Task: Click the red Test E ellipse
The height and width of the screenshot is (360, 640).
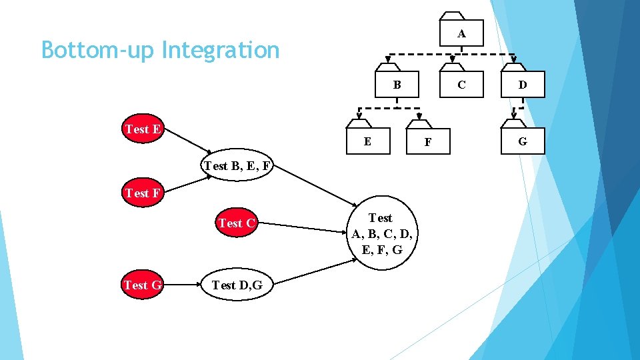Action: (143, 129)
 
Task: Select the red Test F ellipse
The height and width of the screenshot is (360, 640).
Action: (143, 193)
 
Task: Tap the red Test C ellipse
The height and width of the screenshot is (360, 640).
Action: (237, 223)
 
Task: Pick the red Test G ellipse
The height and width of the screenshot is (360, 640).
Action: (143, 285)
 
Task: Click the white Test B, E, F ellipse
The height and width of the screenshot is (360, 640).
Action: (237, 166)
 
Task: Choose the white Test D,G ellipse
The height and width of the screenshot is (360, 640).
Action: (237, 285)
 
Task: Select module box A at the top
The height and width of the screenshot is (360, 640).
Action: (461, 33)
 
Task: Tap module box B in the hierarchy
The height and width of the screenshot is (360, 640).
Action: (397, 84)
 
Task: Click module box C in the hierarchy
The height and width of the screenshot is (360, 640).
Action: (461, 84)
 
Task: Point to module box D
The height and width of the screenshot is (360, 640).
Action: (522, 84)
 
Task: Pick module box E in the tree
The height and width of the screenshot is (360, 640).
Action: (367, 141)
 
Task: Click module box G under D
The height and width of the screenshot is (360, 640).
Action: (522, 141)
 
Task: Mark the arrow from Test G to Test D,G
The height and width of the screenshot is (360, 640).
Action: (182, 285)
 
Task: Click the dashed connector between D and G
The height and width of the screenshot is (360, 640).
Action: (521, 108)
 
